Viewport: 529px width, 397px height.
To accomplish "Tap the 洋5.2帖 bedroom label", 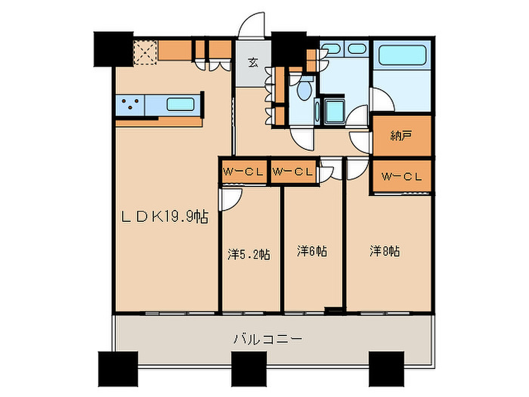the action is click(x=249, y=254).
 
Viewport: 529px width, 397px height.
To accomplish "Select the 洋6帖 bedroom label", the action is click(x=312, y=251).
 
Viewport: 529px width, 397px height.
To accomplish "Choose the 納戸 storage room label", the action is click(x=401, y=136).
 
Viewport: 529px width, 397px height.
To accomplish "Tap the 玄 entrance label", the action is click(x=253, y=63).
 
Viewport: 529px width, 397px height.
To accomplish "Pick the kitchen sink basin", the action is click(x=181, y=104).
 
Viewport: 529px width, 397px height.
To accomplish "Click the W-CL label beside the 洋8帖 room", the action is click(x=402, y=177).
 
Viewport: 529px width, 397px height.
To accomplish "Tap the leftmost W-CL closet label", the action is click(x=243, y=172).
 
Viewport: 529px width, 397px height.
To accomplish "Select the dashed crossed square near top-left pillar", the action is click(x=145, y=53).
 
